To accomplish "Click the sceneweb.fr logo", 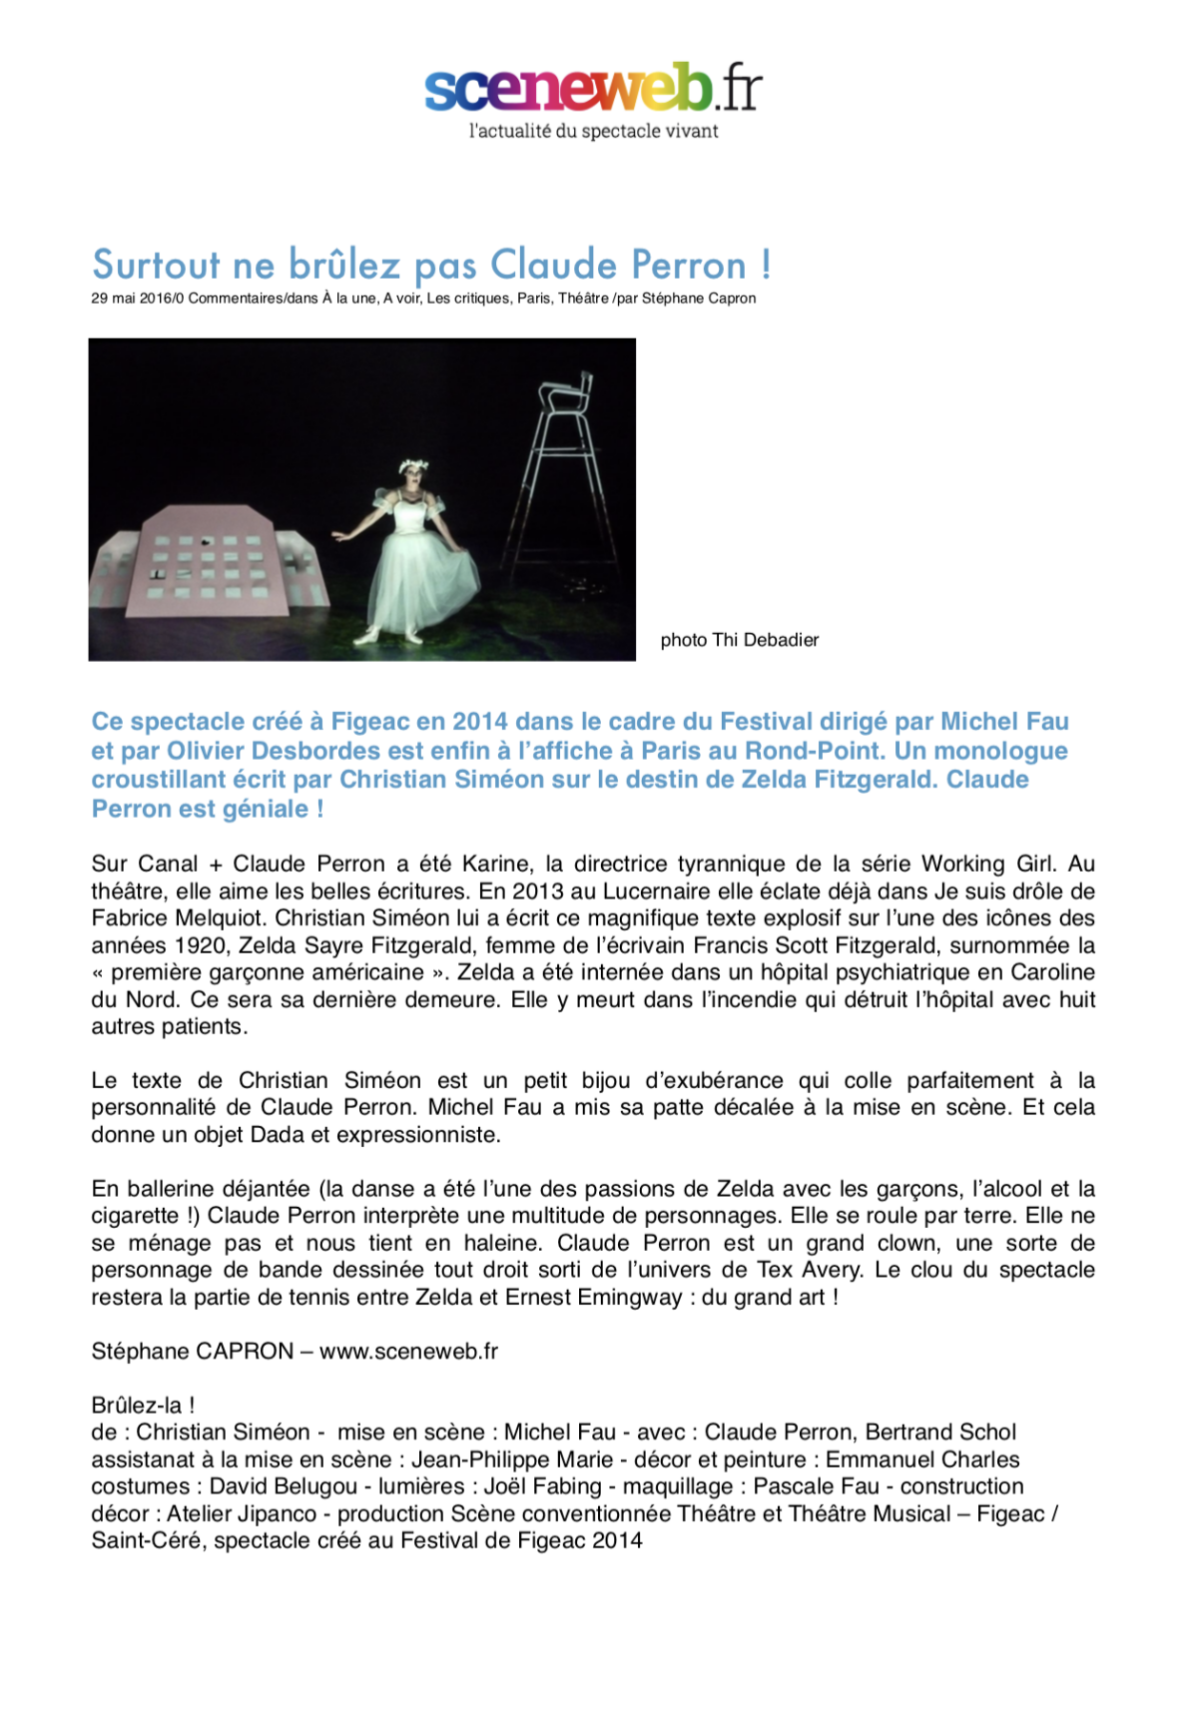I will (593, 88).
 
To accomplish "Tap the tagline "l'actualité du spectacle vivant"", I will (593, 131).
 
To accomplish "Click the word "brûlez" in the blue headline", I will (344, 266).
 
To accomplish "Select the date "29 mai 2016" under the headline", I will (131, 298).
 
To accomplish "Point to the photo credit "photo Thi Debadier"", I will (739, 640).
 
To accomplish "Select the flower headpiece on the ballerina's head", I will (412, 465).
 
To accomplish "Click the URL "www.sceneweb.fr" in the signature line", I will (408, 1351).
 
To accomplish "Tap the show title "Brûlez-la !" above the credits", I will (143, 1405).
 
